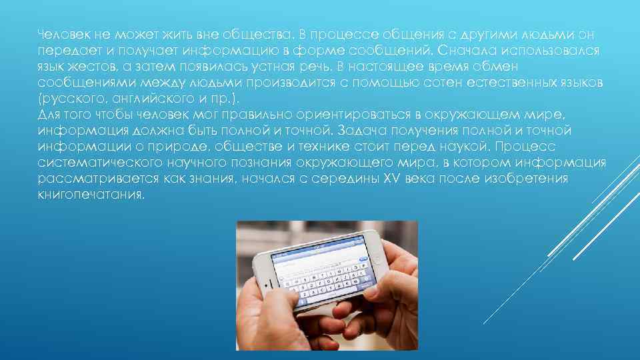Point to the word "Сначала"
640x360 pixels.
pyautogui.click(x=467, y=51)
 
